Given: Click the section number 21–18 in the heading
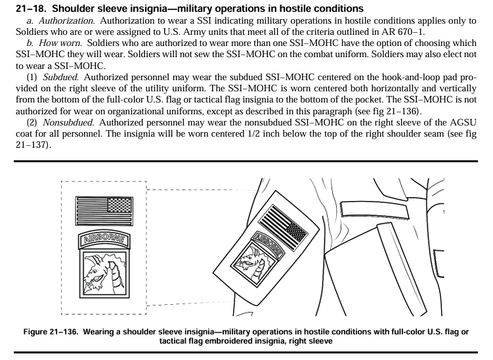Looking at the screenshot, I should pos(31,9).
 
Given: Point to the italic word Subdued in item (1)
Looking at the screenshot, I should pos(60,78).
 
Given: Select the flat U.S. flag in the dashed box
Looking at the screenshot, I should pos(103,208).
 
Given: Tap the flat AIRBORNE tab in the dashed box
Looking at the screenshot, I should pos(103,239).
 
